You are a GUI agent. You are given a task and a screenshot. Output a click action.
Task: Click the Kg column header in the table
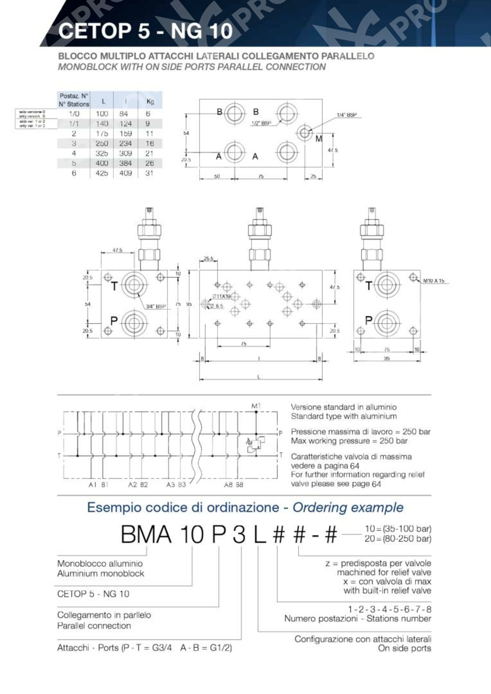(x=150, y=102)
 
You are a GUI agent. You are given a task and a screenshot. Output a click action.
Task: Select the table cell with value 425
(x=102, y=173)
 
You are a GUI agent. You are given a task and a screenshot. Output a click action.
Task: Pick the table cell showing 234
(x=126, y=143)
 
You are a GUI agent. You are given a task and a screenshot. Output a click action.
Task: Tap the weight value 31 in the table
(x=149, y=173)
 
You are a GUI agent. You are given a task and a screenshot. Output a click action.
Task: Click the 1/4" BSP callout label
(x=346, y=115)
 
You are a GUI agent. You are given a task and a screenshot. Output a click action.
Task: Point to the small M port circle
(x=305, y=132)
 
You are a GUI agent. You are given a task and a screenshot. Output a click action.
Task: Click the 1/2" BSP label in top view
(x=261, y=123)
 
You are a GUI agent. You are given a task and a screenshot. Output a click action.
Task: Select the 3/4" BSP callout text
(x=156, y=306)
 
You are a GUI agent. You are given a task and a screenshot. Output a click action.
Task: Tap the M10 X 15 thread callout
(x=434, y=281)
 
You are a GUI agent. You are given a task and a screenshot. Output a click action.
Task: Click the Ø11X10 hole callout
(x=221, y=296)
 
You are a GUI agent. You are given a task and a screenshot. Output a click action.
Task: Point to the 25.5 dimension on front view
(x=208, y=259)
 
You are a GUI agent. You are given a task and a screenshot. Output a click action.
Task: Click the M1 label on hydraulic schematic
(x=256, y=406)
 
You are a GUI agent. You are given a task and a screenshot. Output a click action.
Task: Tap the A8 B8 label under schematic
(x=233, y=484)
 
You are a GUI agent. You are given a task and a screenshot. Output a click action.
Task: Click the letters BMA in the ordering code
(x=146, y=534)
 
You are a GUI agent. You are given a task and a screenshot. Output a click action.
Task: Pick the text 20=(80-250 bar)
(x=398, y=539)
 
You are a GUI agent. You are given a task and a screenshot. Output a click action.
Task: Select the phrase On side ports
(x=404, y=648)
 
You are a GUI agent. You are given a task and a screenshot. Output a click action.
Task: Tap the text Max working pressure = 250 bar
(x=349, y=441)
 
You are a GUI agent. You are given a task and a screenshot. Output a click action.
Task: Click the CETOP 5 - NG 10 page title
(x=145, y=31)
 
